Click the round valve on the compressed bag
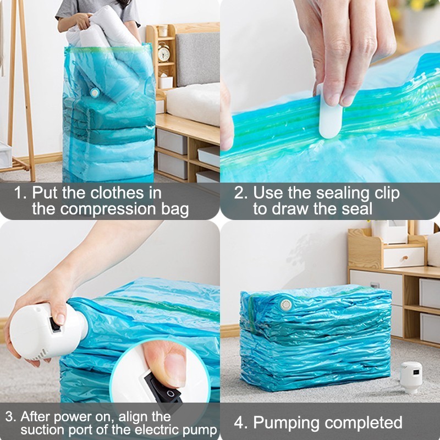tap(285, 304)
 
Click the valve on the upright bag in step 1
tap(95, 93)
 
